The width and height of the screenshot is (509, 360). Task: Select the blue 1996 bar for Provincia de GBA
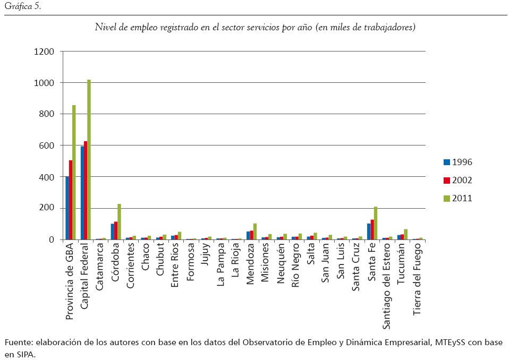pos(67,208)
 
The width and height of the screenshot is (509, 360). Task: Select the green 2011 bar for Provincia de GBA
pos(74,172)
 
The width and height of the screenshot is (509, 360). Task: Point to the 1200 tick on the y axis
pos(44,52)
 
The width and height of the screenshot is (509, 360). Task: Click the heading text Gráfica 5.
pos(19,7)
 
